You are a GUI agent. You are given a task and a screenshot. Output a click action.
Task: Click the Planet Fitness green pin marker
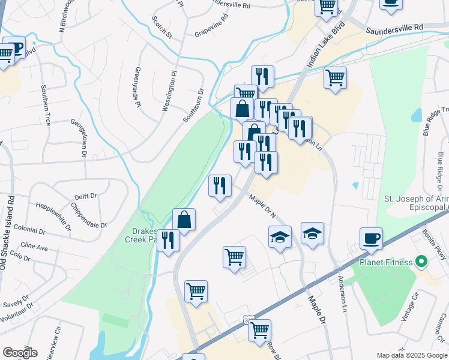[x=421, y=262]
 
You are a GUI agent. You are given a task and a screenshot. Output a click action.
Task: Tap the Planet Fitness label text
[x=386, y=262]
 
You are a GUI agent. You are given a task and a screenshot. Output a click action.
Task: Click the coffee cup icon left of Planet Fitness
[x=371, y=238]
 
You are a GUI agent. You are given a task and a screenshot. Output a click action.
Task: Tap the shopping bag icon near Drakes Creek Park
[x=184, y=220]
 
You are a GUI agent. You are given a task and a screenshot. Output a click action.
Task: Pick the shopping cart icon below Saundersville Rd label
[x=335, y=77]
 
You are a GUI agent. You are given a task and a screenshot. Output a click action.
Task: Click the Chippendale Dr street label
[x=89, y=216]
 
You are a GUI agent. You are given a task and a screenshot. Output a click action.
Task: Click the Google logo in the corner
[x=20, y=352]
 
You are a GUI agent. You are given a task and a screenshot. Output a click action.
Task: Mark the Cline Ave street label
[x=34, y=247]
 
